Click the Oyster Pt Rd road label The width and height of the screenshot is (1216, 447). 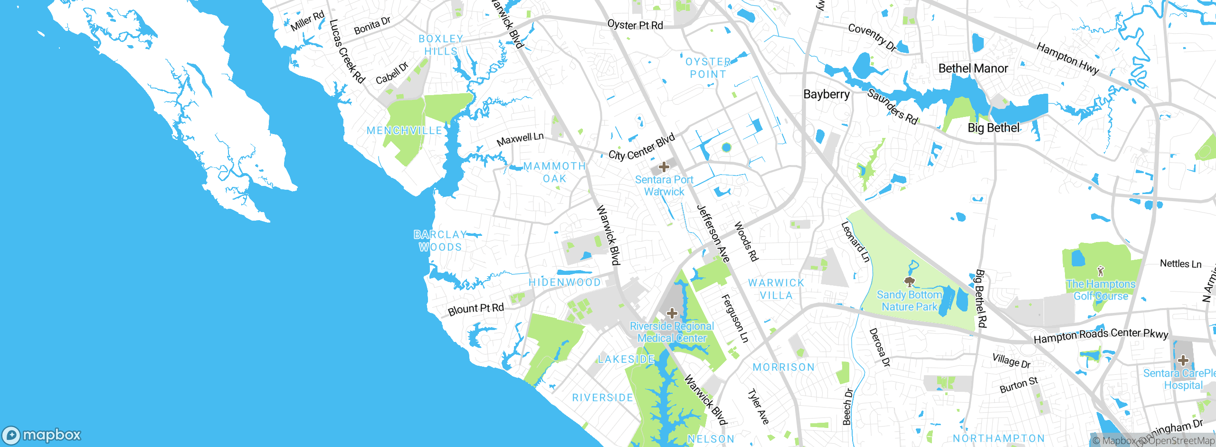pos(635,25)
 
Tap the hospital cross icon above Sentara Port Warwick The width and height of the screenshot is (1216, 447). pos(664,167)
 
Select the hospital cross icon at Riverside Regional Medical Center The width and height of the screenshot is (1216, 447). pos(672,313)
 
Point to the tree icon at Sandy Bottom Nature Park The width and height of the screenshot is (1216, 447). pos(909,282)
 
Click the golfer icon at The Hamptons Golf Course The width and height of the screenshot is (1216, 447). pos(1101,271)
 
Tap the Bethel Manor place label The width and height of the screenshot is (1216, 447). pos(973,68)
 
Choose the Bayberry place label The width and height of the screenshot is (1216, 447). pos(826,94)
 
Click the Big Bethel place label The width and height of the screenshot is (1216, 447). pos(994,128)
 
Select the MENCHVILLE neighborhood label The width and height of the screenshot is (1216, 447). pos(404,130)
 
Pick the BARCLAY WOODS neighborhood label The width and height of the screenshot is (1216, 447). pos(440,241)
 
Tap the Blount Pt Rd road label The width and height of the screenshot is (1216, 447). pos(475,309)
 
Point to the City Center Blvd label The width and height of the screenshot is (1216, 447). pos(641,147)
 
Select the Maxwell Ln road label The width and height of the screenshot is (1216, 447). pos(520,139)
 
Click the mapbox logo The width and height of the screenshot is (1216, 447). pos(42,435)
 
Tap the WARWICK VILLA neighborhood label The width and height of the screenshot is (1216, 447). pos(776,289)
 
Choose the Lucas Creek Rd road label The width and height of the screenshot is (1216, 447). pos(347,51)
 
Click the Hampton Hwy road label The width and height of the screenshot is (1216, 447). pos(1067,58)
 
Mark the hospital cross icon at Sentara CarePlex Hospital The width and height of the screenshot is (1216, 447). pos(1183,360)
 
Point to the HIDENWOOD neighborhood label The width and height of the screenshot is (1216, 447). pos(564,282)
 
